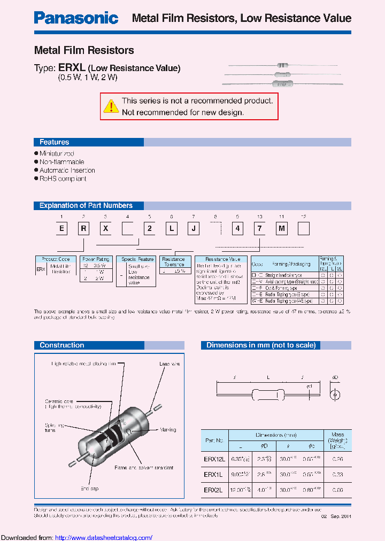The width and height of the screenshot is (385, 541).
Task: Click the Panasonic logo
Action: point(76,18)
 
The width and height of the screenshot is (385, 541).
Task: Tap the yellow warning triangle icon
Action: point(111,106)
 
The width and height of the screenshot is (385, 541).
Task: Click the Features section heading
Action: point(54,142)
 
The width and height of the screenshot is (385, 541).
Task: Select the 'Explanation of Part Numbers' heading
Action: point(86,205)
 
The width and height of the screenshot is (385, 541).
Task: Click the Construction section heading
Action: point(61,345)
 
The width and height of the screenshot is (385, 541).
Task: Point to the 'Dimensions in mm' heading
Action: point(261,345)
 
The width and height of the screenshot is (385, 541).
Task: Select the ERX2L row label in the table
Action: point(214,490)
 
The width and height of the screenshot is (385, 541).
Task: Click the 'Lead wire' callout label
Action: point(170,364)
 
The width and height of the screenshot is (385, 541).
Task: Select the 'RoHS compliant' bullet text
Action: point(63,179)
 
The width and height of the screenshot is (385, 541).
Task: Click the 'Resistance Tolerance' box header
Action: point(174,261)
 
